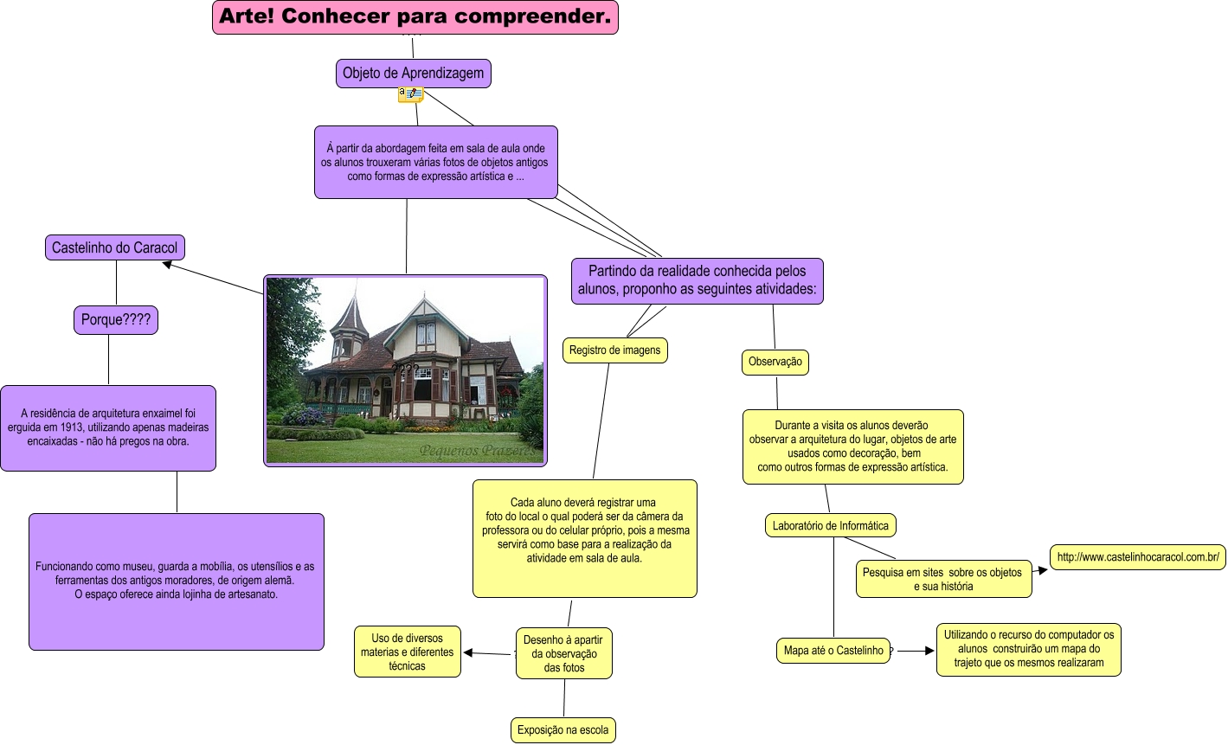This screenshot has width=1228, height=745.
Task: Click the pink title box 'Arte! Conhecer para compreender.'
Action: tap(415, 17)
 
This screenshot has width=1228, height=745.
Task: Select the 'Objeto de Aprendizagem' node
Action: tap(413, 74)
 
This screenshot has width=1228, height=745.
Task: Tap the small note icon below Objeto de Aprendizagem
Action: tap(410, 94)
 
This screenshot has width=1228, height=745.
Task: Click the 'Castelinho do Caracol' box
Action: tap(114, 248)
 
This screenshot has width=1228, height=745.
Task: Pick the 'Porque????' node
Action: tap(116, 320)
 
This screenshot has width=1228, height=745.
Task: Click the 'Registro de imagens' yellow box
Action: tap(614, 350)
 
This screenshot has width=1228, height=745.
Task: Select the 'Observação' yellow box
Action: tap(775, 363)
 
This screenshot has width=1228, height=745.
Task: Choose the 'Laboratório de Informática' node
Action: tap(830, 525)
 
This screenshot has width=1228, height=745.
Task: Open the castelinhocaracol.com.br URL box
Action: tap(1138, 557)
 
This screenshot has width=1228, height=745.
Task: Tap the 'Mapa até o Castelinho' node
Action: tap(833, 651)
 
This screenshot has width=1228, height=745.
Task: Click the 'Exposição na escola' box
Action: tap(563, 730)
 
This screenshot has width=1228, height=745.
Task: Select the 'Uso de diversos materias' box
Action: tap(407, 652)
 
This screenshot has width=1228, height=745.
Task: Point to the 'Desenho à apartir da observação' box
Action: tap(564, 654)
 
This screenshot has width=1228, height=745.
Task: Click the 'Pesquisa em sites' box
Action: tap(942, 580)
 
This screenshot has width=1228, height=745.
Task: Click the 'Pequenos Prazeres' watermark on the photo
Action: tap(480, 451)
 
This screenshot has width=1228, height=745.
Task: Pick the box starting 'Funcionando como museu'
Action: tap(177, 581)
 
